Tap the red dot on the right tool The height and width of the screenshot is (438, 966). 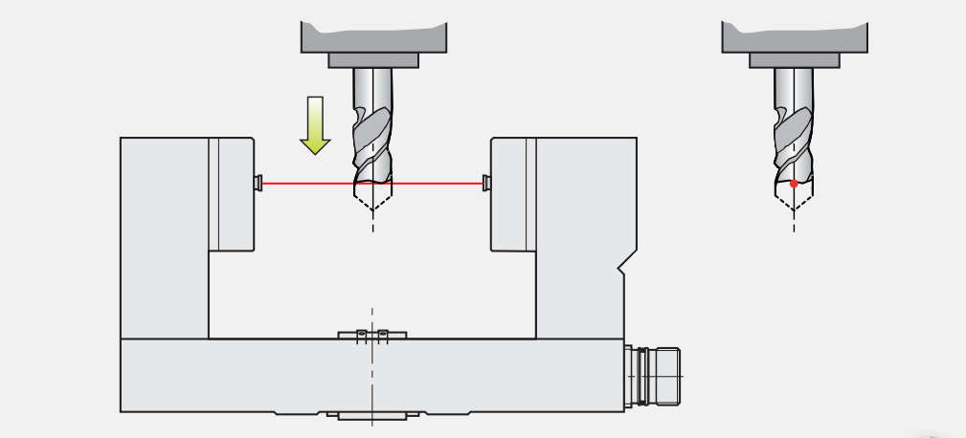[794, 183]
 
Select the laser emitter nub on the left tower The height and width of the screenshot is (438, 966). [258, 182]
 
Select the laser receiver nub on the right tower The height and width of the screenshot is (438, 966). [486, 182]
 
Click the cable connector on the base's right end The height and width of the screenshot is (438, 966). [656, 375]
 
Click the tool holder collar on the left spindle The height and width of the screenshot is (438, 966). [373, 60]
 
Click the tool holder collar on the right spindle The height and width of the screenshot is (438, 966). [794, 60]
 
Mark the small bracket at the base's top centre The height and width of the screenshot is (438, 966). [372, 335]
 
